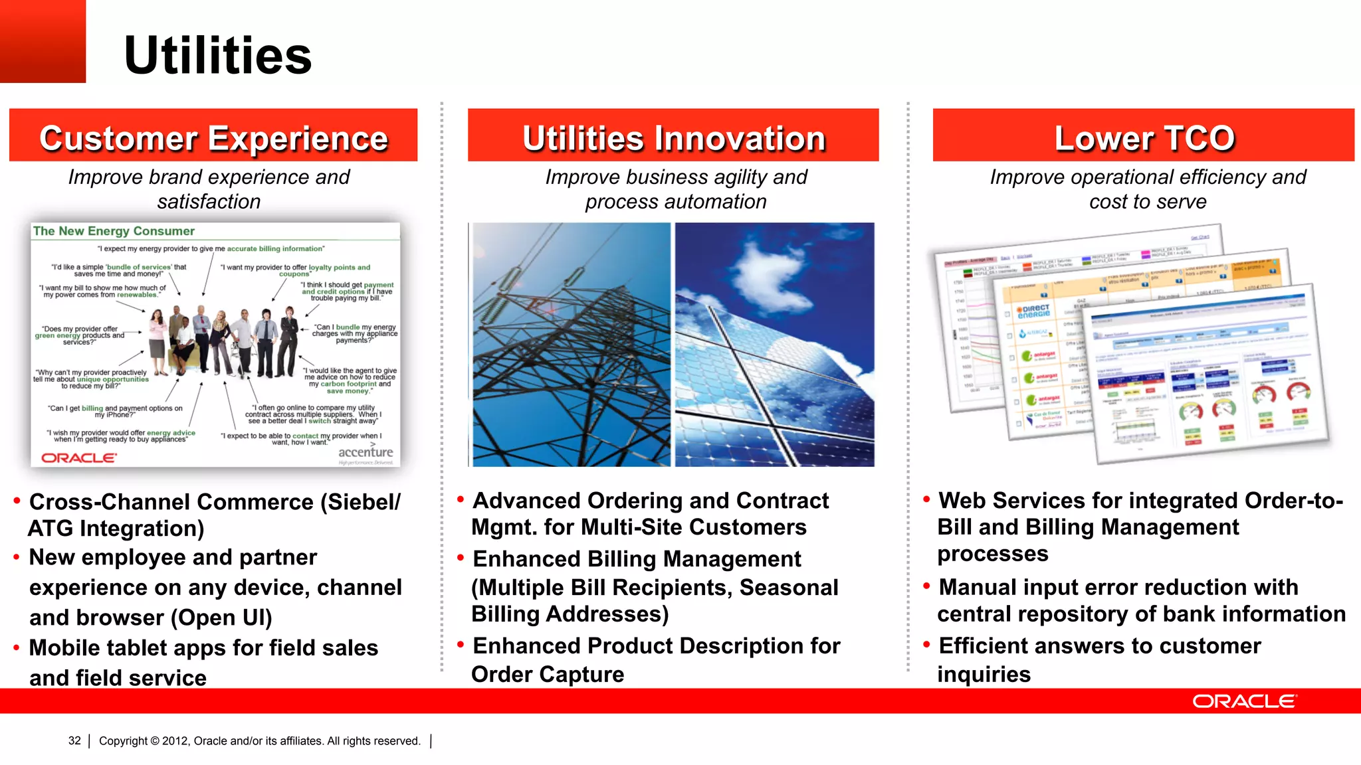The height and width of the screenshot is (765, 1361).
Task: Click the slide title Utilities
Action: point(217,56)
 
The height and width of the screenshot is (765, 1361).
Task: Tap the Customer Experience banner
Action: point(213,135)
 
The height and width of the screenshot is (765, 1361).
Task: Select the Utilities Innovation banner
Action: point(673,135)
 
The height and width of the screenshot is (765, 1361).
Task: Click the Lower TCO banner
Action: point(1144,135)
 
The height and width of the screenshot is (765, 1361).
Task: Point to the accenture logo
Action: point(366,453)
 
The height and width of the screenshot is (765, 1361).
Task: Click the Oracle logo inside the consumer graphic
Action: point(78,458)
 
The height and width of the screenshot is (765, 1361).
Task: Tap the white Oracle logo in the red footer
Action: point(1244,701)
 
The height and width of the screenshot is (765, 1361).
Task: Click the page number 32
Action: point(74,741)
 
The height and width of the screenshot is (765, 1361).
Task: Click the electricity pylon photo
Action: point(572,345)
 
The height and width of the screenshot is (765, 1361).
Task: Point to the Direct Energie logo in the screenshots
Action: point(1035,311)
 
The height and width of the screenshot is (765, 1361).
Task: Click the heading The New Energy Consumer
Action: point(114,231)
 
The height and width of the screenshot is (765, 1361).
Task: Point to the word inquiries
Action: point(984,675)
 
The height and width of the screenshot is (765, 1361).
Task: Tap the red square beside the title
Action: point(43,41)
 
